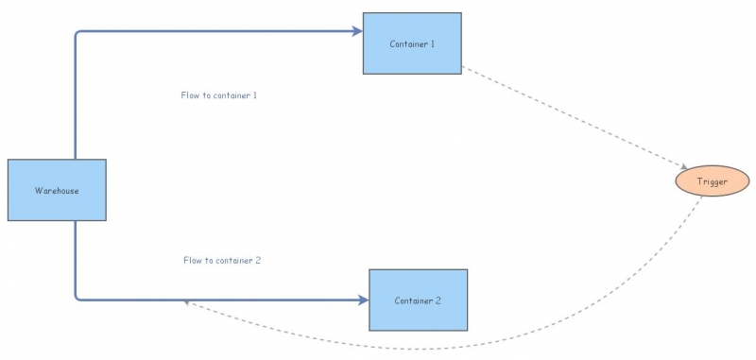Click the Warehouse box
pyautogui.click(x=57, y=190)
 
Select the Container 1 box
pyautogui.click(x=412, y=43)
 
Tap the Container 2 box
pyautogui.click(x=418, y=300)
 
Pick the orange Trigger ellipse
pyautogui.click(x=712, y=181)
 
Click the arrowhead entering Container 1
pyautogui.click(x=358, y=31)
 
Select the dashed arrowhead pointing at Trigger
pyautogui.click(x=683, y=167)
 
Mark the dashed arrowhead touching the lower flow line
pyautogui.click(x=188, y=302)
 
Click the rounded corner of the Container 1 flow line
pyautogui.click(x=77, y=34)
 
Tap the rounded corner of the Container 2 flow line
pyautogui.click(x=77, y=298)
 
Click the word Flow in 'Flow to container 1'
pyautogui.click(x=190, y=95)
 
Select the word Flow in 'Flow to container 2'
pyautogui.click(x=193, y=260)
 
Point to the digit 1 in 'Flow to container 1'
pyautogui.click(x=255, y=95)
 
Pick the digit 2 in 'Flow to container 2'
pyautogui.click(x=257, y=260)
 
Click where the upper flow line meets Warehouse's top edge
pyautogui.click(x=76, y=160)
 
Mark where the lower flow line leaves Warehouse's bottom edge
pyautogui.click(x=76, y=221)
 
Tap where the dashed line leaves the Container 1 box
pyautogui.click(x=462, y=67)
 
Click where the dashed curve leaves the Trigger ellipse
pyautogui.click(x=701, y=197)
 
